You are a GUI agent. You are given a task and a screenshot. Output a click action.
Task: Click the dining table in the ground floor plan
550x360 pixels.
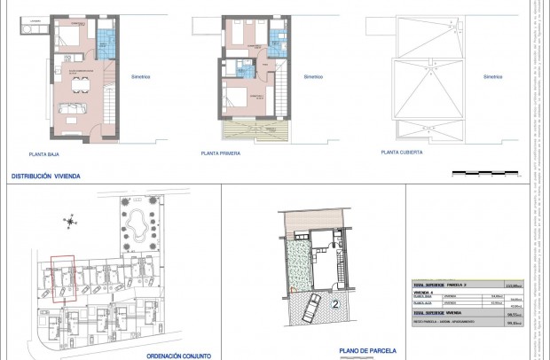click(81, 86)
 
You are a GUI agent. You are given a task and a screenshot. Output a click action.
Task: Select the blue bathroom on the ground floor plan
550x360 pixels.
click(106, 39)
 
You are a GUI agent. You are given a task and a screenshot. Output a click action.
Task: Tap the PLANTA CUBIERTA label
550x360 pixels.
click(401, 153)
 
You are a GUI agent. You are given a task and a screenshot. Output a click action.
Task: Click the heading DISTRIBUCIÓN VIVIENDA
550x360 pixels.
click(45, 176)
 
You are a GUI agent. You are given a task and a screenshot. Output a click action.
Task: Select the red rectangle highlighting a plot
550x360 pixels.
click(61, 280)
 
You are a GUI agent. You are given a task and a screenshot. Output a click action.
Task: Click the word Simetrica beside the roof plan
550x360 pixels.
click(493, 77)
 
